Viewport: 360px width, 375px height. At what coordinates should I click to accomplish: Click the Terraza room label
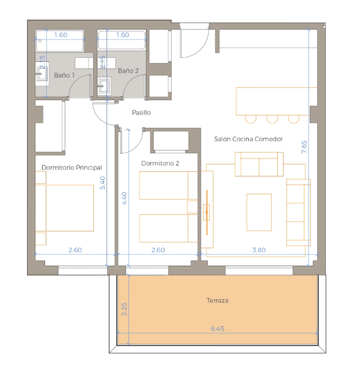click(x=217, y=300)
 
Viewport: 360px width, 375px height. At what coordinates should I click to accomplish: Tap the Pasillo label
click(x=141, y=112)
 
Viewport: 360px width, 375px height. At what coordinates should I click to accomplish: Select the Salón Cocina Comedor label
click(x=248, y=139)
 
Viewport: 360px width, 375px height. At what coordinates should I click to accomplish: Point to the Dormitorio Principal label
click(x=72, y=167)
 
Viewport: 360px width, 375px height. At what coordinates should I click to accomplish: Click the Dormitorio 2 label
click(x=160, y=163)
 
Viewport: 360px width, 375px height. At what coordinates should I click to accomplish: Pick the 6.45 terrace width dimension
click(x=218, y=329)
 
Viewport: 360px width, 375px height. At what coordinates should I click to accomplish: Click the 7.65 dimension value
click(x=304, y=147)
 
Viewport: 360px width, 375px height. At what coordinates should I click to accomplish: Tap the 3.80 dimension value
click(x=259, y=250)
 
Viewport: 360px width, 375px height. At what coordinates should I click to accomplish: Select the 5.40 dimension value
click(x=102, y=183)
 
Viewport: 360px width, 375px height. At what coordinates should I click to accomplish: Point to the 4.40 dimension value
click(x=124, y=198)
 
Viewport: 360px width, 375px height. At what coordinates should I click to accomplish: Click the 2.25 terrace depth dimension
click(x=124, y=309)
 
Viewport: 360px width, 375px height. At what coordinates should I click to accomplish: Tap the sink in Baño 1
click(x=42, y=73)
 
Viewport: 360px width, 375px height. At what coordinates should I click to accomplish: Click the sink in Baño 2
click(x=104, y=86)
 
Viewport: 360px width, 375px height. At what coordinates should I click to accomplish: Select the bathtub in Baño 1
click(x=60, y=41)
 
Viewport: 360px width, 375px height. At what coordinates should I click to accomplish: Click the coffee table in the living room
click(x=259, y=212)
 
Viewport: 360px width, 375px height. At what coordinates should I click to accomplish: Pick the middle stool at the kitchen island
click(x=272, y=119)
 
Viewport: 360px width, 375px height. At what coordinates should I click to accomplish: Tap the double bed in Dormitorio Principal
click(x=65, y=208)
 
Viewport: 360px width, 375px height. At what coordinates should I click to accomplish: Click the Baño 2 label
click(x=128, y=71)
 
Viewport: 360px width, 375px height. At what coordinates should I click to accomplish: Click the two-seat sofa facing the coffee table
click(x=259, y=164)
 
